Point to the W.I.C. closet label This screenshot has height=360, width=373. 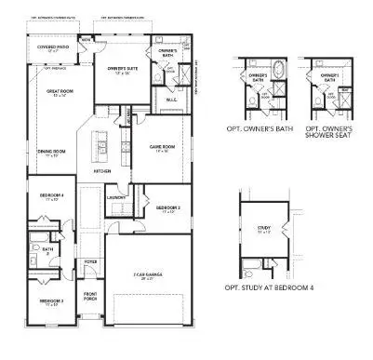tap(170, 100)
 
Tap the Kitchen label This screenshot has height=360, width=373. tap(103, 172)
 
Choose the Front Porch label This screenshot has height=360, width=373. tap(91, 297)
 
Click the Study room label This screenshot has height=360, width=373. tap(263, 227)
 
